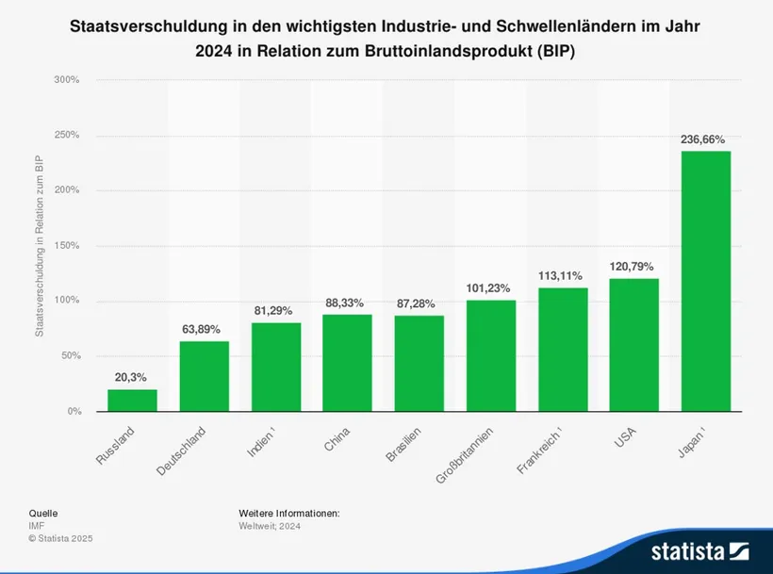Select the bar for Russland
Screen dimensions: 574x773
tap(132, 401)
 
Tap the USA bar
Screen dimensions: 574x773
tap(633, 345)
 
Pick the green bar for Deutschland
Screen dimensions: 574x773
tap(204, 376)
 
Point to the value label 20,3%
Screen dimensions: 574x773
tap(132, 377)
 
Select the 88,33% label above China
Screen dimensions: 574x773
tap(347, 303)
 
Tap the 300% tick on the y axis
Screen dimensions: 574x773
tap(66, 80)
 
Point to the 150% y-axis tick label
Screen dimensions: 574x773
tap(66, 246)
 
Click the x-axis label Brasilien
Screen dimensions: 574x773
tap(403, 445)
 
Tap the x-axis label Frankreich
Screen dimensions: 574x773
tap(539, 451)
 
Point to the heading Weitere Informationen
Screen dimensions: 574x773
tap(288, 513)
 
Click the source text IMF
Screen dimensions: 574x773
tap(37, 525)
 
